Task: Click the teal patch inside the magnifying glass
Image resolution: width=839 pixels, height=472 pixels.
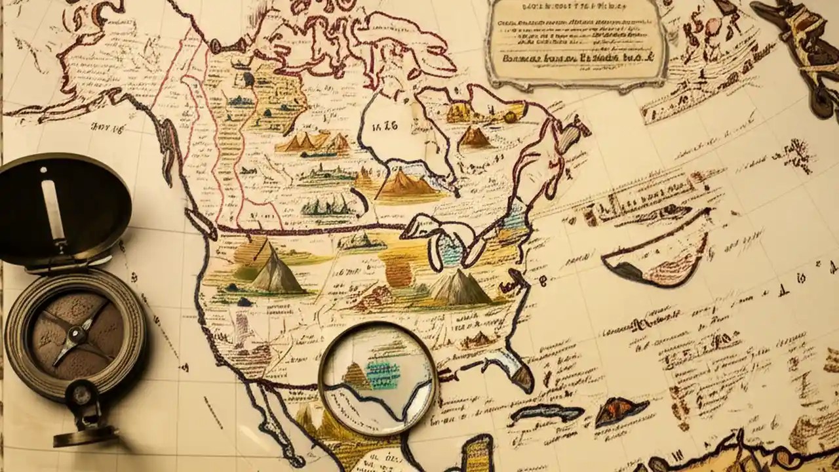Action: coord(383,374)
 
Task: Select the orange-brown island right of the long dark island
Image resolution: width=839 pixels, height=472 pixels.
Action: coord(620,410)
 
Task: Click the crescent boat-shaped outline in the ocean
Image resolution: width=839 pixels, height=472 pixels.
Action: coord(655,256)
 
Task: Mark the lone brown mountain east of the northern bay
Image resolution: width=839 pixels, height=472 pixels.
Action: coord(475,137)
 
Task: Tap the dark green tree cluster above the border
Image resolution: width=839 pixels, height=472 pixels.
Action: coord(328,206)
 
